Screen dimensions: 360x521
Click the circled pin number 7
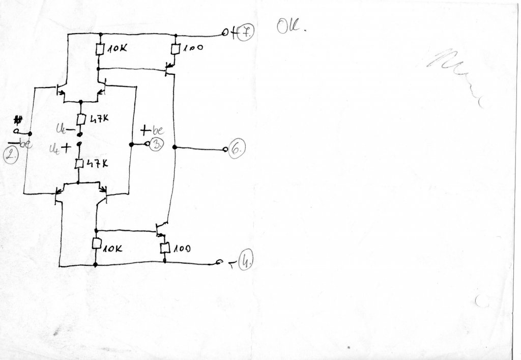(x=245, y=33)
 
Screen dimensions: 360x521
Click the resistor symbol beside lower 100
(x=164, y=248)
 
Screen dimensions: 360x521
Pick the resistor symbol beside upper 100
(x=175, y=49)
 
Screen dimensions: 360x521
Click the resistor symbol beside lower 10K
(x=96, y=243)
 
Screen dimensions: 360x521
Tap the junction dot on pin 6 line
(x=175, y=148)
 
